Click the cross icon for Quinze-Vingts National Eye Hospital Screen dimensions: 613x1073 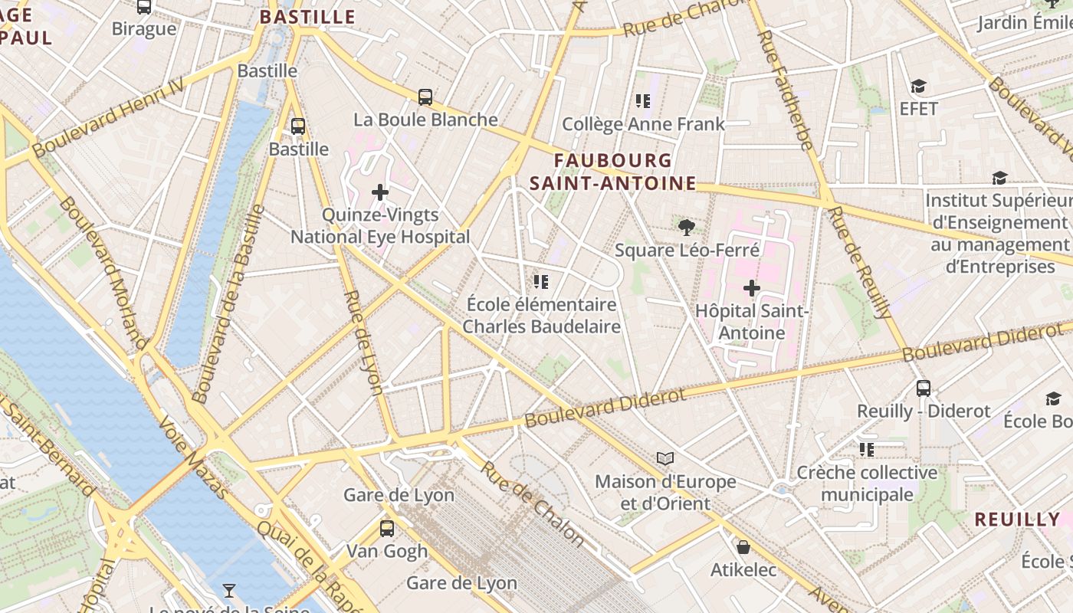click(380, 192)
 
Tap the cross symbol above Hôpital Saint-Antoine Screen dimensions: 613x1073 click(752, 288)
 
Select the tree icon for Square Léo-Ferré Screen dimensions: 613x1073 click(687, 227)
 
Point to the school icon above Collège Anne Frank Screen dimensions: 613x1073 click(643, 100)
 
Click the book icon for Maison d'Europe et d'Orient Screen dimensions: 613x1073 click(665, 458)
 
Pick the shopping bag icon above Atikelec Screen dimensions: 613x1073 click(743, 547)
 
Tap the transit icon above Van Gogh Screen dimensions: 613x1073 click(387, 528)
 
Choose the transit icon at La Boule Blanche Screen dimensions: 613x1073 click(425, 97)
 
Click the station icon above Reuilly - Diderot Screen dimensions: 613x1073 click(924, 388)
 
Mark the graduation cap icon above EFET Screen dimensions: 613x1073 click(918, 86)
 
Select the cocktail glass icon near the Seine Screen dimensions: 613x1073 click(228, 590)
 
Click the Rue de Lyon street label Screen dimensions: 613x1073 click(363, 342)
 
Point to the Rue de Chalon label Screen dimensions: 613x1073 click(533, 504)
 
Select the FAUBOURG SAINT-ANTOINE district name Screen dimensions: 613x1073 click(612, 172)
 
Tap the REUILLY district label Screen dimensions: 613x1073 click(1017, 519)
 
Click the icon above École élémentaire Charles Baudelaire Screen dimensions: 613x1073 click(541, 282)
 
